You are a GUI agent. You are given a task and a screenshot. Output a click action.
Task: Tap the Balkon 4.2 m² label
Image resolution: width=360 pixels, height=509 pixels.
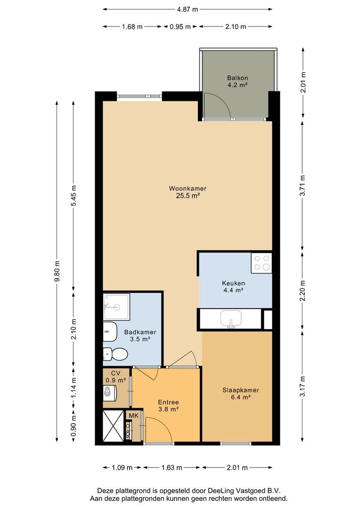tap(237, 82)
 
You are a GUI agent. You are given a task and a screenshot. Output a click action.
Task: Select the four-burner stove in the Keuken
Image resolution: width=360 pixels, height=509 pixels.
tap(262, 263)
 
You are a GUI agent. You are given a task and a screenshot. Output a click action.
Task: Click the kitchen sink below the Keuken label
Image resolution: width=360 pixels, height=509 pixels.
tap(231, 319)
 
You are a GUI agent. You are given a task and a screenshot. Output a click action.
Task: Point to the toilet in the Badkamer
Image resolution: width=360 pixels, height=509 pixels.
tap(115, 354)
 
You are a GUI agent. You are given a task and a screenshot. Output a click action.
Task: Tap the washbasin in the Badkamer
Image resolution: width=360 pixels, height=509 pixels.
tap(110, 332)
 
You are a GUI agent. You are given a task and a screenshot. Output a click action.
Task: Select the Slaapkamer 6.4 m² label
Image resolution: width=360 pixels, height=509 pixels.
tap(240, 394)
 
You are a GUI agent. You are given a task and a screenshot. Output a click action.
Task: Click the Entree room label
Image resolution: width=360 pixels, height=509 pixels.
tap(169, 402)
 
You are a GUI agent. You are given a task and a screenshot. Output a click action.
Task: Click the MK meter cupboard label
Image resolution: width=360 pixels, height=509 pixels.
tap(134, 416)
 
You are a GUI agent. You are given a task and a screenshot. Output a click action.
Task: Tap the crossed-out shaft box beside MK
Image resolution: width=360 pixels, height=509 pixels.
tap(113, 426)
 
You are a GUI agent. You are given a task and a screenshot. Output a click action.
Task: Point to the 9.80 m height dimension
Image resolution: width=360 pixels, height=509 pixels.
tap(57, 271)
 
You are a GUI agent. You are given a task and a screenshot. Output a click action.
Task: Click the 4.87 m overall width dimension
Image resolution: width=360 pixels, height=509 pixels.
tap(188, 9)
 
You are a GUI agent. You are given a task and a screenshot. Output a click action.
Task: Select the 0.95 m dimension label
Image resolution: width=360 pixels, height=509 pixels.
tap(180, 26)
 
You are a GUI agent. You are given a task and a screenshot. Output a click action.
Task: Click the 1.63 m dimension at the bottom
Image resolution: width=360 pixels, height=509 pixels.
tap(172, 468)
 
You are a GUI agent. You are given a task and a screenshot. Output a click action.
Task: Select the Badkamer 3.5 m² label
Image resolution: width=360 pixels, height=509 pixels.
tap(140, 336)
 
